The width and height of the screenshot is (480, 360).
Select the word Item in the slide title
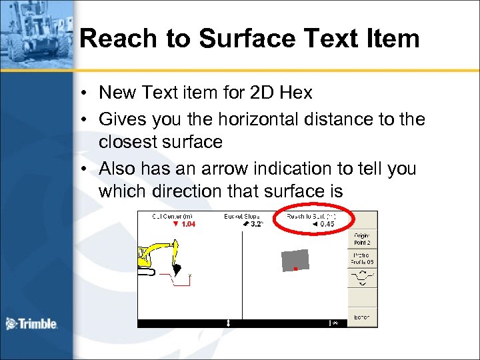[392, 39]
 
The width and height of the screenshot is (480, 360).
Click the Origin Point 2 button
[362, 239]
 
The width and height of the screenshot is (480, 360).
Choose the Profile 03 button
[362, 259]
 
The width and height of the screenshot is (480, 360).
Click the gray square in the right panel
[295, 260]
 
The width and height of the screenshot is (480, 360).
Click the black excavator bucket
[177, 269]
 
